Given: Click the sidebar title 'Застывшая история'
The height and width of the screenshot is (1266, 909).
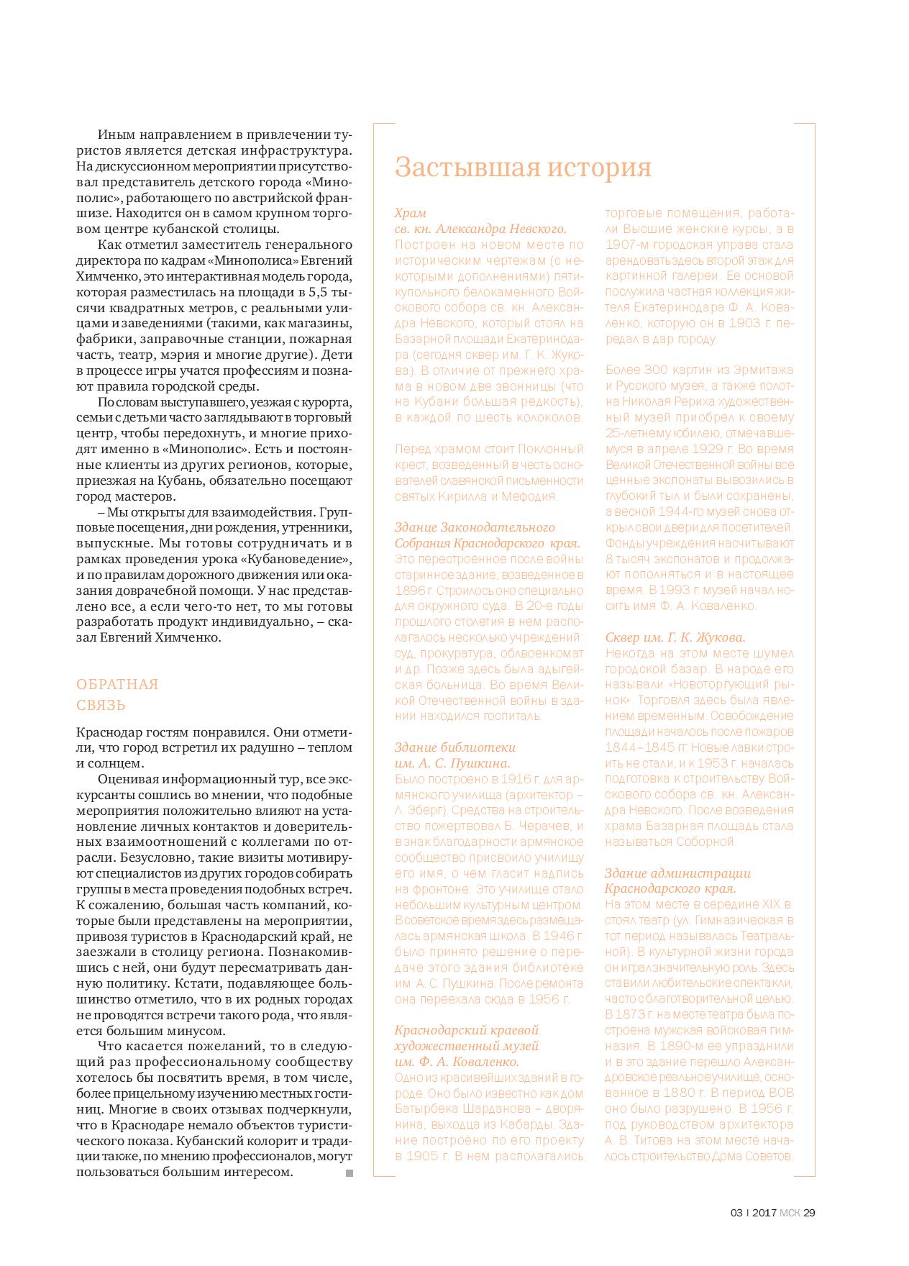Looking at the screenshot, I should (x=523, y=168).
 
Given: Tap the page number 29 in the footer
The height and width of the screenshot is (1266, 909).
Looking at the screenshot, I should (x=809, y=1213).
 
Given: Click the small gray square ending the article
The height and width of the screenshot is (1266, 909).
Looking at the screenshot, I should (x=350, y=1173).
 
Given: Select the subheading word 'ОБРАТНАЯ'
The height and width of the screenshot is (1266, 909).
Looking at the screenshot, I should (x=117, y=684).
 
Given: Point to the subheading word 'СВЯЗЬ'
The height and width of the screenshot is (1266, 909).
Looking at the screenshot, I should (x=101, y=705).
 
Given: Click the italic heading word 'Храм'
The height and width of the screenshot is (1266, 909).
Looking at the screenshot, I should (x=411, y=213).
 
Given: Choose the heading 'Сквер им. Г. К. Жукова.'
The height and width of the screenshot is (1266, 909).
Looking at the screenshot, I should (x=675, y=637).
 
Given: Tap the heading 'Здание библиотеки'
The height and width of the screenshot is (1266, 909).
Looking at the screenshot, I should (x=455, y=747).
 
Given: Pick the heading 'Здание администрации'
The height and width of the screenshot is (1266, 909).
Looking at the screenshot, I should (x=677, y=873).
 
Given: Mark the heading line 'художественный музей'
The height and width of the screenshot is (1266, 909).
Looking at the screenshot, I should (x=467, y=1046).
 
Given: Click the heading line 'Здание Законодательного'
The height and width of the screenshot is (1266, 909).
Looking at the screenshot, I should (x=475, y=527).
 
